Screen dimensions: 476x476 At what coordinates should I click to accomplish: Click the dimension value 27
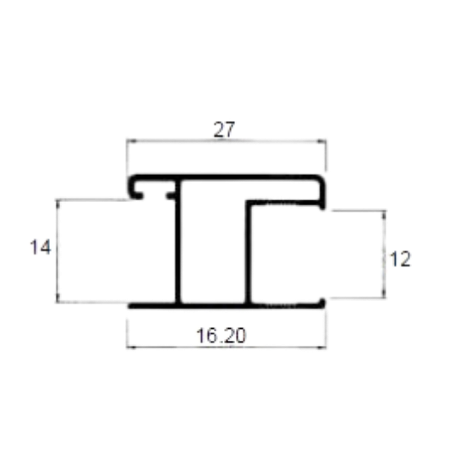click(224, 129)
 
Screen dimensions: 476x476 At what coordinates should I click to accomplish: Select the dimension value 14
click(41, 247)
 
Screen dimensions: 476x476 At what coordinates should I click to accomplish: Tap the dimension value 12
click(400, 259)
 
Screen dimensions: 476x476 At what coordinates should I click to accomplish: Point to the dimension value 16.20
click(221, 336)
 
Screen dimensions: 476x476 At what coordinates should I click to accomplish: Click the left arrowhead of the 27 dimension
click(131, 141)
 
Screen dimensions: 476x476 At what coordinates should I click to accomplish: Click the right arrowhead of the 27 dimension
click(321, 141)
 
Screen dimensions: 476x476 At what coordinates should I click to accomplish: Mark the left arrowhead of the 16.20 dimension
click(131, 347)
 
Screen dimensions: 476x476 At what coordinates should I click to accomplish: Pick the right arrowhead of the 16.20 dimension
click(321, 347)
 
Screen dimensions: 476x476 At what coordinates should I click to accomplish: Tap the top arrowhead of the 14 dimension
click(57, 205)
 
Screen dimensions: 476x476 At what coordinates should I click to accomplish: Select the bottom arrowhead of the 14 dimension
click(57, 298)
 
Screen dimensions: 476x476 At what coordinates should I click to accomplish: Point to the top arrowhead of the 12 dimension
click(384, 216)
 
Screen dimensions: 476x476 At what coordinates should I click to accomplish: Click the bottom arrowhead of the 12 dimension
click(384, 293)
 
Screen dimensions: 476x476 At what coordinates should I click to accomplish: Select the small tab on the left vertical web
click(171, 195)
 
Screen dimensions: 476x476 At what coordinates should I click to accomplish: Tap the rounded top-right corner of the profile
click(321, 180)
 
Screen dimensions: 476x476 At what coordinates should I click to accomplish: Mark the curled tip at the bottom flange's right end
click(322, 303)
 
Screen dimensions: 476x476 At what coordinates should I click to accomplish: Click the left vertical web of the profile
click(178, 242)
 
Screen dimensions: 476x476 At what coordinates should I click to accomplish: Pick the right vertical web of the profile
click(249, 252)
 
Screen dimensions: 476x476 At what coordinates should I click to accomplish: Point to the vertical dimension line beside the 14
click(57, 251)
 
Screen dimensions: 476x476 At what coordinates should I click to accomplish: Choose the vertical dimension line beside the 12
click(384, 254)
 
